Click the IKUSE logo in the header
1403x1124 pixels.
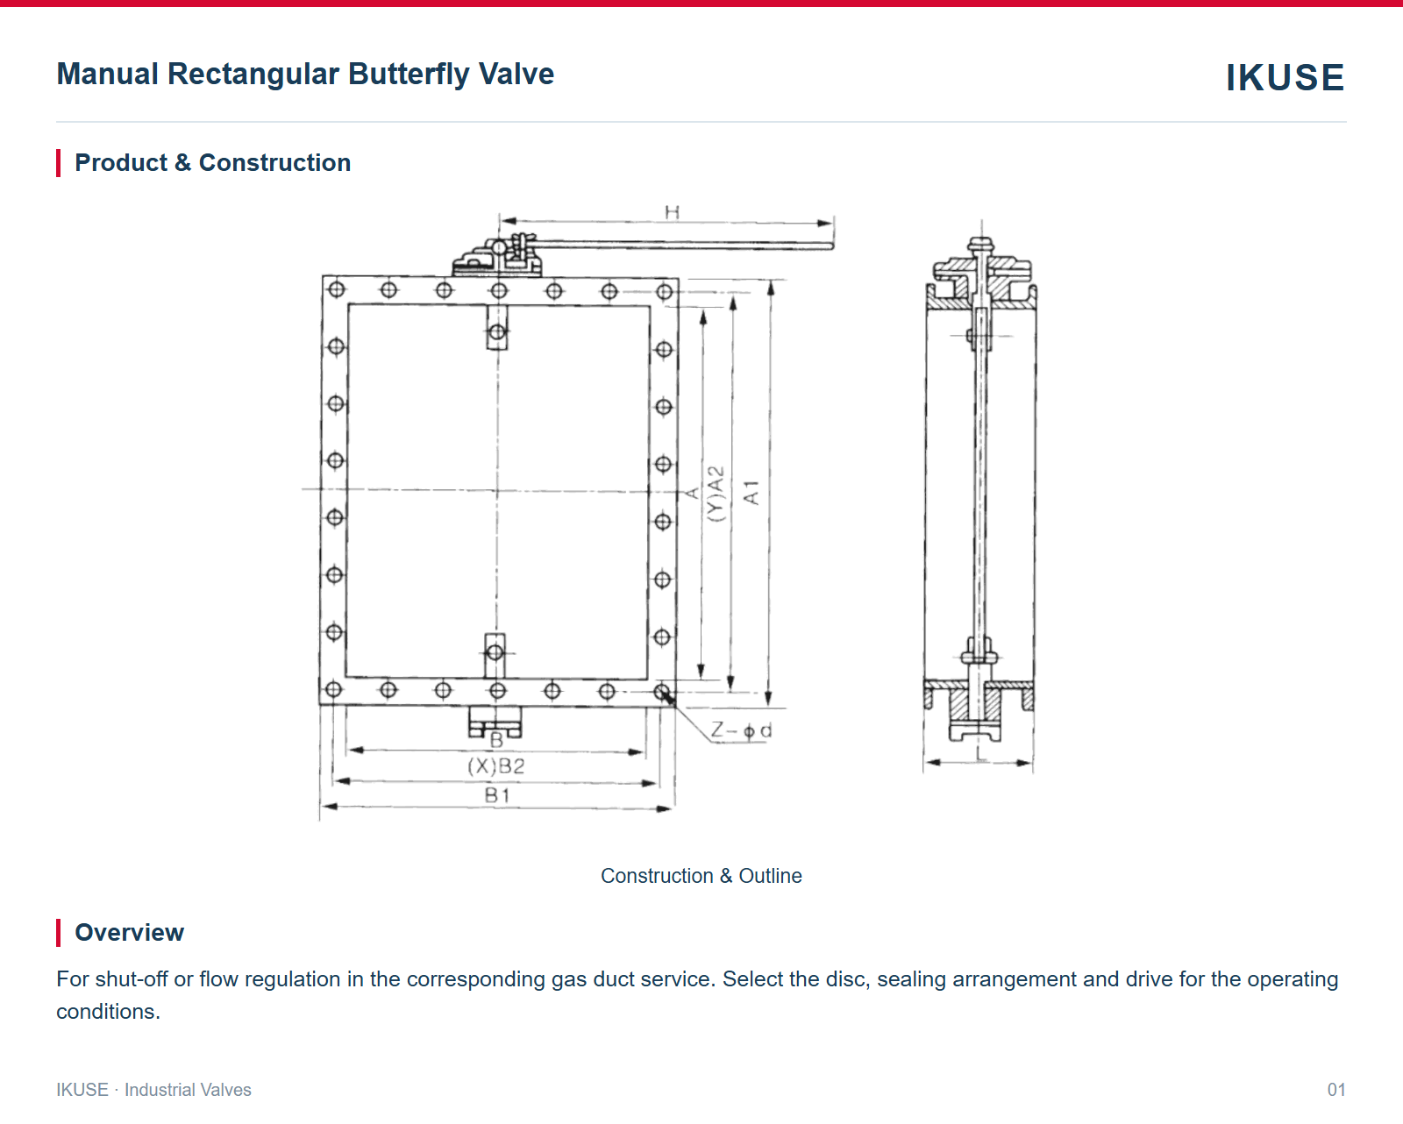(1285, 77)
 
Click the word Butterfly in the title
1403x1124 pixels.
(409, 75)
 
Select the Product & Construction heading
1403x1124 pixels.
(212, 162)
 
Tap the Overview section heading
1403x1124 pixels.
(129, 932)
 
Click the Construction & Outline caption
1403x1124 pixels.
(701, 876)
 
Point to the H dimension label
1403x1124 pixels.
(673, 212)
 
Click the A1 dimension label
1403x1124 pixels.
(751, 493)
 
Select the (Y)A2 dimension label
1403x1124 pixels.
(716, 494)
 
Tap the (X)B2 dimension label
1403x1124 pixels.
(495, 766)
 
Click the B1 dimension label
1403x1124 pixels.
(497, 795)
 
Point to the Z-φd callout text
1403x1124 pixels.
(741, 730)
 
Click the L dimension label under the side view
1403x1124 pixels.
(980, 754)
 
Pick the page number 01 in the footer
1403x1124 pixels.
(1336, 1090)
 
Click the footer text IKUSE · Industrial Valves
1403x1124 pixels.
(153, 1090)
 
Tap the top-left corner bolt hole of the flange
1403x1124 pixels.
(337, 289)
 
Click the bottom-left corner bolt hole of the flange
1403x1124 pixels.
(333, 689)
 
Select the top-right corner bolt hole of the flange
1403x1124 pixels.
(665, 291)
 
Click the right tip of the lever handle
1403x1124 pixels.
(832, 245)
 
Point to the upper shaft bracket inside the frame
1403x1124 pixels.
(497, 328)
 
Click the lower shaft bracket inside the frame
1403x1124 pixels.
(495, 655)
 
